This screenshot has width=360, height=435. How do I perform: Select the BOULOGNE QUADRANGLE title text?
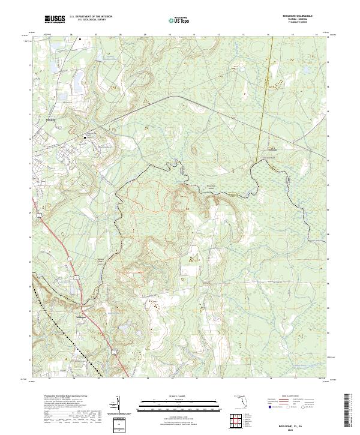click(311, 15)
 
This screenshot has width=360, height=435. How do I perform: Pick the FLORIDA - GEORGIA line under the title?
click(311, 19)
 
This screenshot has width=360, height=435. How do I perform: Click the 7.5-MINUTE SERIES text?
click(311, 22)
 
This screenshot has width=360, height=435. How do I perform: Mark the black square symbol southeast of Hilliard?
click(85, 137)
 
